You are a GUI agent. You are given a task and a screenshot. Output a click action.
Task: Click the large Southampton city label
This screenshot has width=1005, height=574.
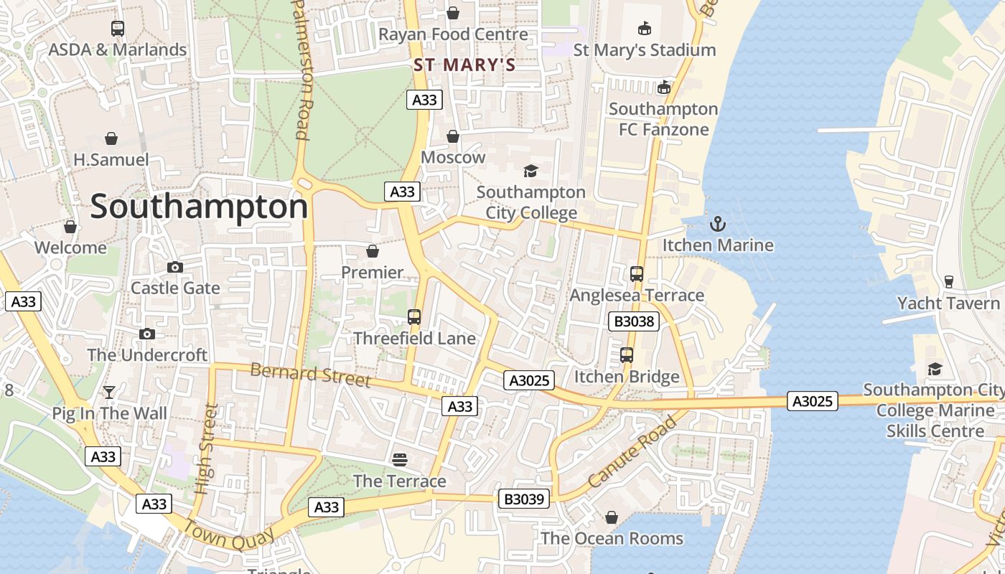pos(199,207)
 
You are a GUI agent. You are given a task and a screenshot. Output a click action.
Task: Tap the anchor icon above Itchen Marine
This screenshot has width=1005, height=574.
pos(718,224)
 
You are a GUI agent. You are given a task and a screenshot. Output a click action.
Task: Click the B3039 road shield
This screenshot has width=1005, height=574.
pos(524,499)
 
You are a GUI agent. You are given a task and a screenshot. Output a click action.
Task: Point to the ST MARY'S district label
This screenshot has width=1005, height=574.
pos(464,65)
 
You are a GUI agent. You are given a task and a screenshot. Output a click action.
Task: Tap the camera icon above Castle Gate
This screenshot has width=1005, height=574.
pos(174,268)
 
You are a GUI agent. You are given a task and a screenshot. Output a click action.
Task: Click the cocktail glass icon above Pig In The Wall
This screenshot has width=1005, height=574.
pos(109,392)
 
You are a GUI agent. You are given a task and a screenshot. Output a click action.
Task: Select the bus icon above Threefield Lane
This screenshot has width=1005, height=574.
pos(414,317)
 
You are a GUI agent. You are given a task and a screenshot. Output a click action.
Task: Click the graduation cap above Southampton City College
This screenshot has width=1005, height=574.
pos(530,171)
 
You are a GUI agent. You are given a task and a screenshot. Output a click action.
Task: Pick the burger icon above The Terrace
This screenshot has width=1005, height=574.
pos(400,459)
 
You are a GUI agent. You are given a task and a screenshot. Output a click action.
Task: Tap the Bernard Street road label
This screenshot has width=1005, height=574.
pos(311,375)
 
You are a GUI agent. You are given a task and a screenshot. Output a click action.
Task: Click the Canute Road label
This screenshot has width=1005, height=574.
pos(632,452)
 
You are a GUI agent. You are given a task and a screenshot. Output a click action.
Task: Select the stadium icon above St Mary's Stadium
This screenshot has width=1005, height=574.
pos(645,29)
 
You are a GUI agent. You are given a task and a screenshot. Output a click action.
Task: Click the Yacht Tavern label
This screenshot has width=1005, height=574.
pos(948,304)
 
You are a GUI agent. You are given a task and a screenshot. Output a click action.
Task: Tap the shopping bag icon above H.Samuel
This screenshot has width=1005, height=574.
pos(111,138)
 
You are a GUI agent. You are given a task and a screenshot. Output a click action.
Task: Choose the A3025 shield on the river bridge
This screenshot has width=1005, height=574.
pos(813,400)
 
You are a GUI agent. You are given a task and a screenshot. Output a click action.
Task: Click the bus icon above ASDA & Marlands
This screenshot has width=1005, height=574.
pos(118,29)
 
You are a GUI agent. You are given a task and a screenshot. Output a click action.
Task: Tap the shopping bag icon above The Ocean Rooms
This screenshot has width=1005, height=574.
pos(612,517)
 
